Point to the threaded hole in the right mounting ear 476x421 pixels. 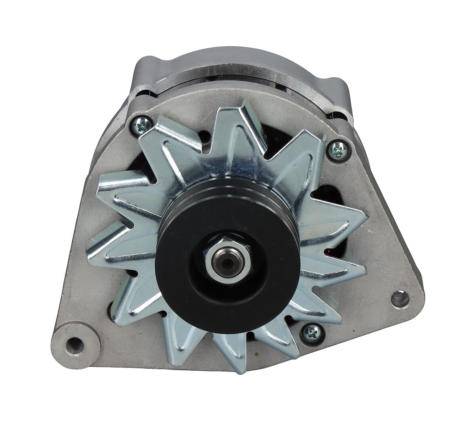coord(400,297)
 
